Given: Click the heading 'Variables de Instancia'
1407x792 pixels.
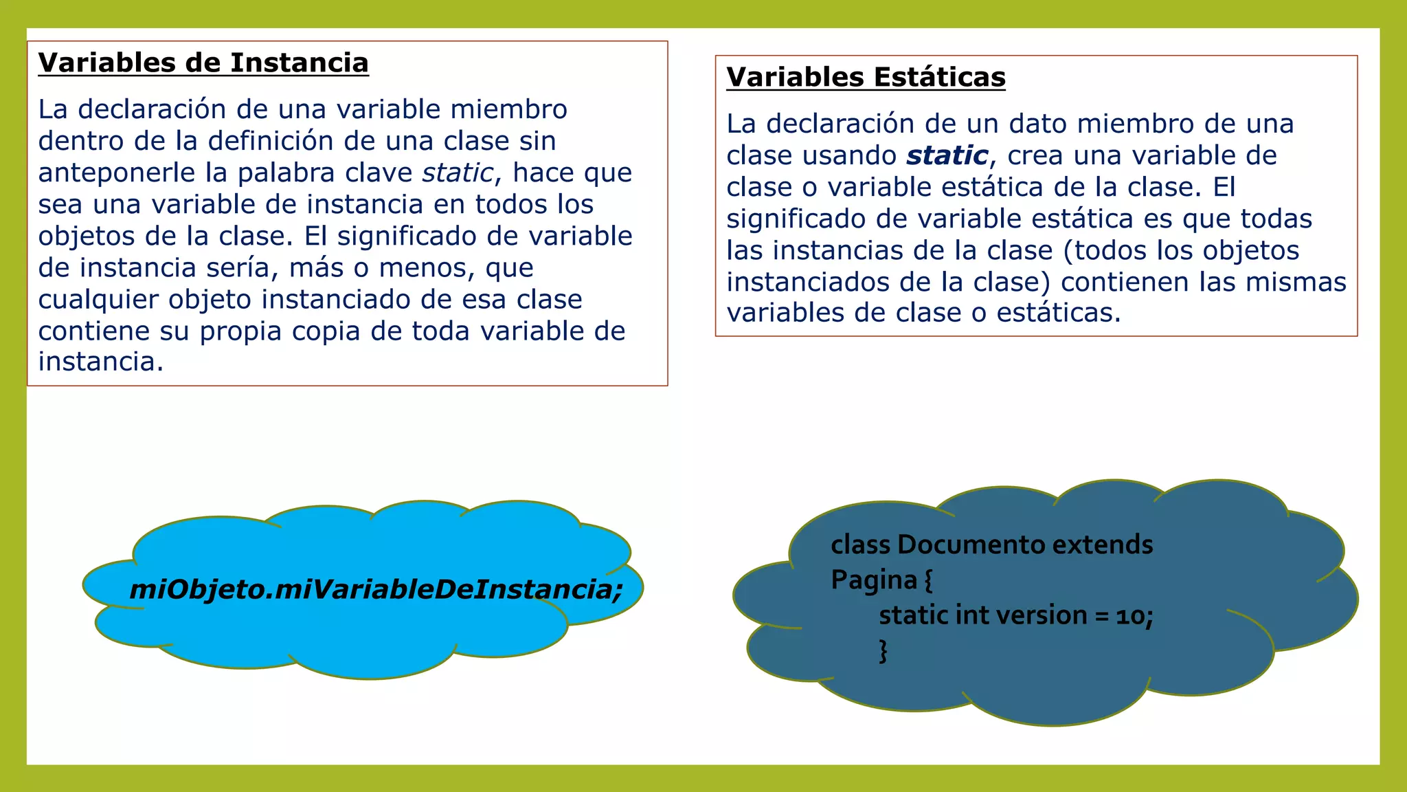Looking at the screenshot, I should click(203, 63).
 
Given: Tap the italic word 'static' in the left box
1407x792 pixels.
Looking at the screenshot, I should click(458, 173).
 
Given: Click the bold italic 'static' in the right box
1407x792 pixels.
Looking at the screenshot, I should click(947, 155).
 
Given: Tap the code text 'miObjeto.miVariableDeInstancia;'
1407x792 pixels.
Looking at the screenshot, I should click(376, 589).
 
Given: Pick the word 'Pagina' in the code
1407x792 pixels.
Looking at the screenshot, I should click(874, 580).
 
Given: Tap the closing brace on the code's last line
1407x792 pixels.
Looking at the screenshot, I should click(883, 650).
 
